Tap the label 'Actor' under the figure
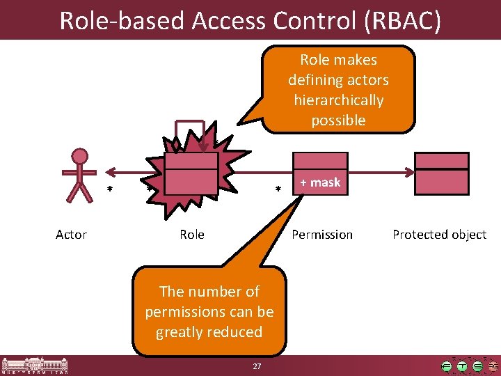point(71,235)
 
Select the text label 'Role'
point(192,235)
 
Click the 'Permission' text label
point(322,235)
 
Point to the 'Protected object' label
point(439,235)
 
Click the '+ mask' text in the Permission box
point(320,182)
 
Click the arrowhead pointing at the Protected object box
point(410,170)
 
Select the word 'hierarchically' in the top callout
point(339,100)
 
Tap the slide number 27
point(257,366)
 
